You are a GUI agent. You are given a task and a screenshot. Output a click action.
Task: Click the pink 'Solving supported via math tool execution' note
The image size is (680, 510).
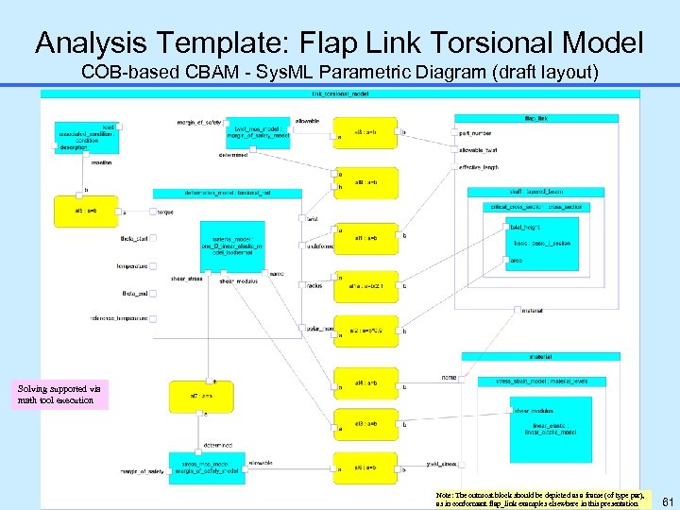point(63,394)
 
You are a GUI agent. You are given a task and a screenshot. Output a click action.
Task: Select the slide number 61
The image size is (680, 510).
point(665,500)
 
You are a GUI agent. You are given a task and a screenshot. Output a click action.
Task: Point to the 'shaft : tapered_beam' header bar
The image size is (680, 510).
point(535,192)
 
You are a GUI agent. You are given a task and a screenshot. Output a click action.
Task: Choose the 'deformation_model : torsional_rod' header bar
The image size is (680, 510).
point(227,193)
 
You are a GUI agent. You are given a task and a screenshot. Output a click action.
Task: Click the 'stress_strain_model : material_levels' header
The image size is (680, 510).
point(541,381)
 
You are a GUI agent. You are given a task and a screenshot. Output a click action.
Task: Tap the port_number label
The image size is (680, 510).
point(475,133)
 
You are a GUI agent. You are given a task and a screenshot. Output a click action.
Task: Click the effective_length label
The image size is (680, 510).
point(479,167)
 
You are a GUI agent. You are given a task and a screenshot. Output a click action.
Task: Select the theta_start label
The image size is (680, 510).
point(134,239)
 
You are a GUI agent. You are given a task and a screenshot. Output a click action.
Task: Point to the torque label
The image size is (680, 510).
point(165,212)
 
